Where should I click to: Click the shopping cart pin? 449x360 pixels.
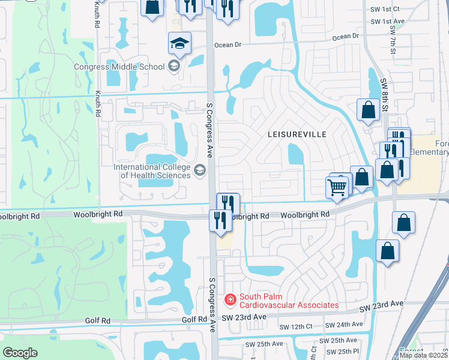tap(337, 188)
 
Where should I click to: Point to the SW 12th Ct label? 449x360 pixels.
tap(296, 326)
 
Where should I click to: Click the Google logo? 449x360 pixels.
tap(20, 353)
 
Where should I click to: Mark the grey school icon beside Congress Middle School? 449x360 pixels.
tap(175, 65)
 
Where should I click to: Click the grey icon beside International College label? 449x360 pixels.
tap(199, 172)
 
